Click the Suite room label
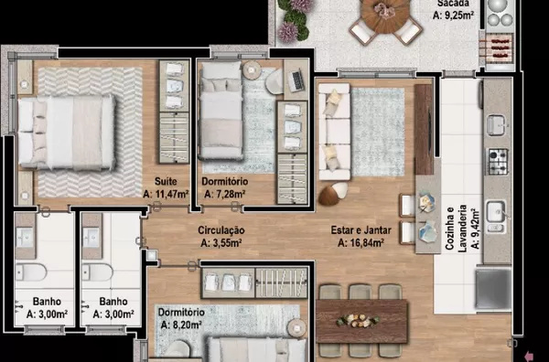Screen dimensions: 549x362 click(x=166, y=182)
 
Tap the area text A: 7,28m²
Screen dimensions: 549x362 click(x=225, y=194)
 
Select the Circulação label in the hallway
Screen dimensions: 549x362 click(x=221, y=230)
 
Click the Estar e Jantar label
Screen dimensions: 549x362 click(x=361, y=230)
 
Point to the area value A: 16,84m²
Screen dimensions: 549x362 click(x=361, y=242)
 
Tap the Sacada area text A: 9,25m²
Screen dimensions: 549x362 click(x=454, y=16)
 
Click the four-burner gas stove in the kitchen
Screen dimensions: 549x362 click(x=498, y=162)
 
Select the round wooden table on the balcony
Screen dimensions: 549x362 click(x=385, y=14)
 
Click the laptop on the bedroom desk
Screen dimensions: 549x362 click(x=296, y=80)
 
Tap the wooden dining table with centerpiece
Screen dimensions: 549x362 click(x=362, y=321)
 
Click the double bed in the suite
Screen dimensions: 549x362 click(x=67, y=132)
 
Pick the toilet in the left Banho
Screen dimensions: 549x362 click(x=31, y=272)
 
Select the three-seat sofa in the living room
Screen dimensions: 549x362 click(x=334, y=132)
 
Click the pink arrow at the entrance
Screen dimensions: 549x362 click(x=529, y=357)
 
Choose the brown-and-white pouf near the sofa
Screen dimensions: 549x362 click(x=333, y=194)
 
